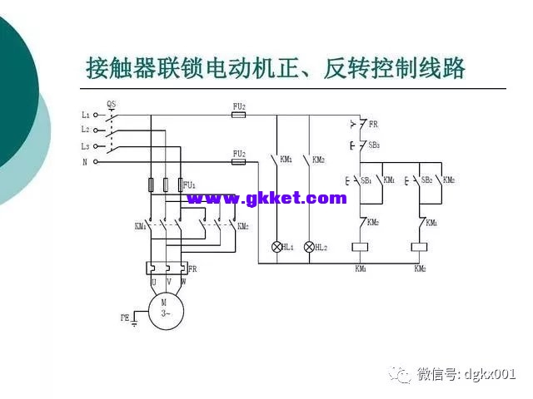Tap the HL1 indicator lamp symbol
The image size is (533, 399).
(277, 247)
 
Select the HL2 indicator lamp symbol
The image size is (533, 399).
(309, 247)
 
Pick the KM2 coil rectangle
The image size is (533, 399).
(421, 247)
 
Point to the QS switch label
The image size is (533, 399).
(112, 104)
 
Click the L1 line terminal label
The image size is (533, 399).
(85, 115)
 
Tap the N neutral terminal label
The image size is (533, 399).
(85, 162)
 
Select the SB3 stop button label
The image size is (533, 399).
(374, 145)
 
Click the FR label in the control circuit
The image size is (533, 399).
(373, 125)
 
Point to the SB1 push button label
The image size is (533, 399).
(365, 180)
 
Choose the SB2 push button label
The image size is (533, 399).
(426, 180)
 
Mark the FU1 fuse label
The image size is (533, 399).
(189, 184)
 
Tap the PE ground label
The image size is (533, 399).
(125, 318)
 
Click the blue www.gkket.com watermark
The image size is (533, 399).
(266, 198)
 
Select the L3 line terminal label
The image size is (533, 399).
(85, 146)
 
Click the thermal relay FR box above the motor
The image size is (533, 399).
(167, 268)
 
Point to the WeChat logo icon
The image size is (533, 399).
(404, 375)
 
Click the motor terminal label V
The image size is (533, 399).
(167, 281)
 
